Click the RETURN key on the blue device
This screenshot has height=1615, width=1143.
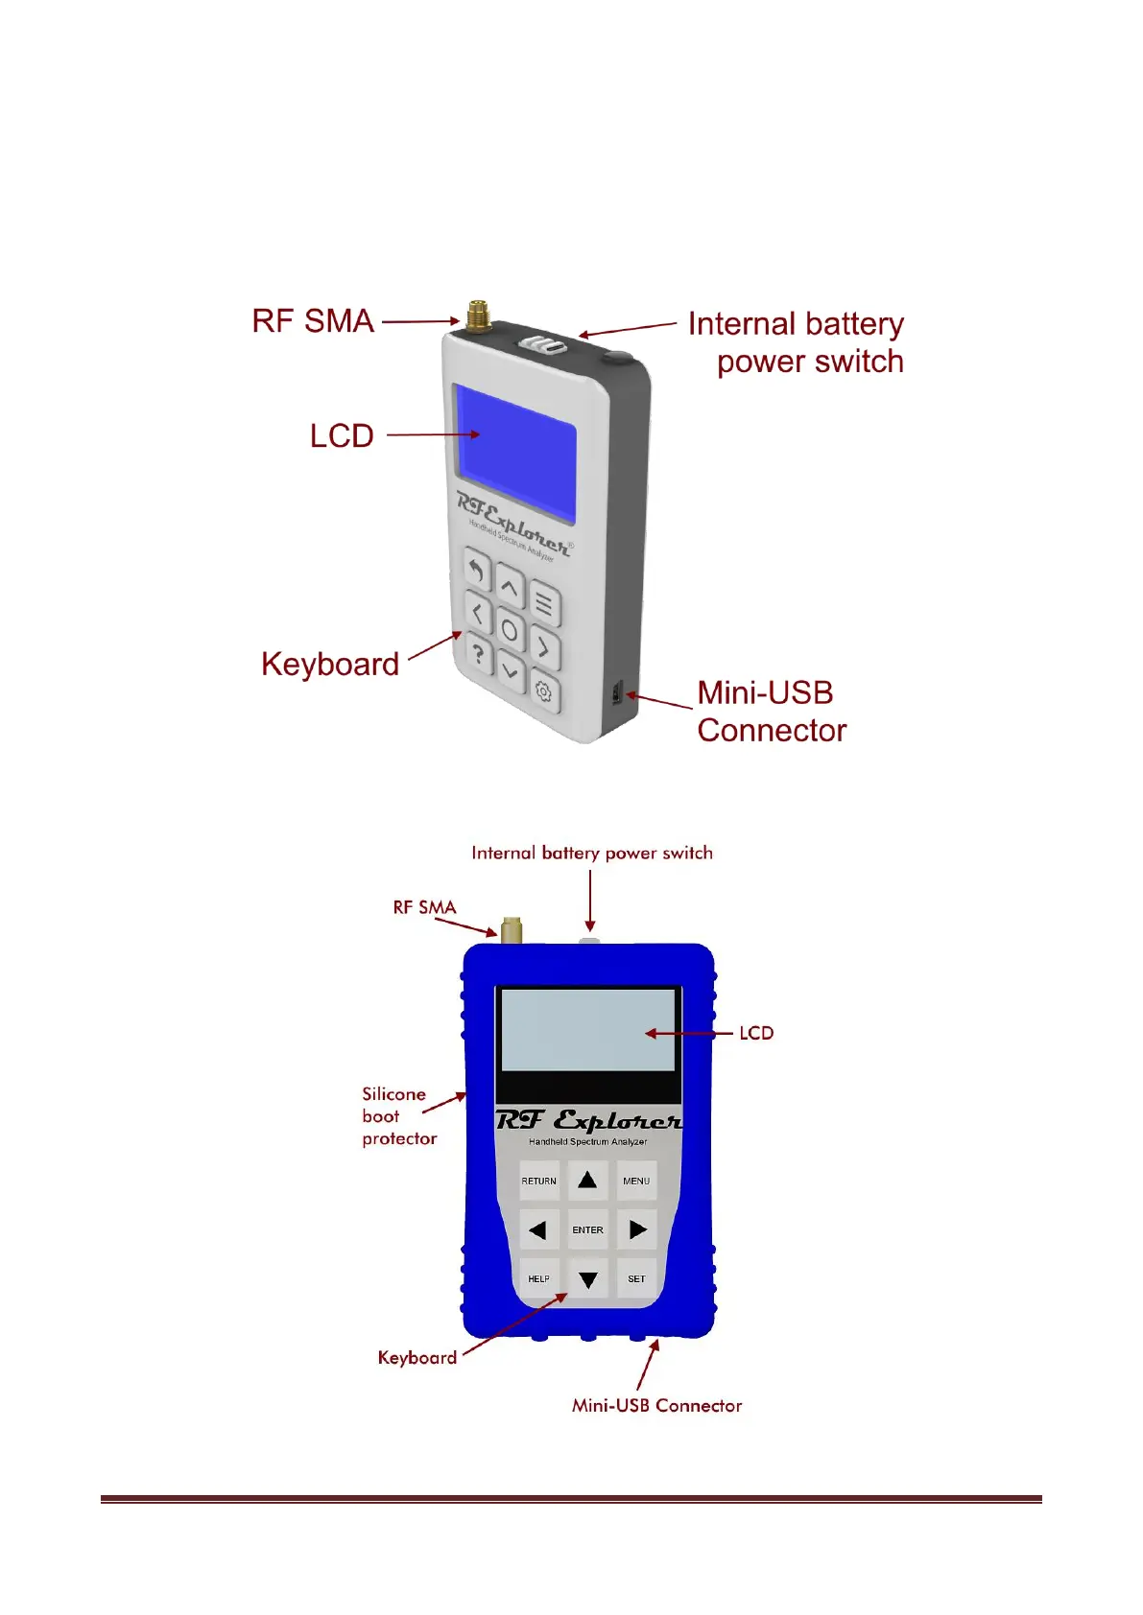(538, 1181)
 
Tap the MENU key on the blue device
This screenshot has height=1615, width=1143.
(636, 1181)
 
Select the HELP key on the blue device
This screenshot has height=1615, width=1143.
(538, 1278)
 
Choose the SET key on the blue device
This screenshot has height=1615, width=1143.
(636, 1278)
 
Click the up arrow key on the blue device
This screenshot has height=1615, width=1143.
(587, 1180)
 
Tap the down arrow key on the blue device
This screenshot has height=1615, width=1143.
(587, 1279)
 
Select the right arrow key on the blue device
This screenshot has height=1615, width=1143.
(637, 1229)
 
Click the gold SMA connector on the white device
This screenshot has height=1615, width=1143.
(477, 316)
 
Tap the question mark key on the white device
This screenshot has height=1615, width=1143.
(477, 654)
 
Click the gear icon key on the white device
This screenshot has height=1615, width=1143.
(543, 691)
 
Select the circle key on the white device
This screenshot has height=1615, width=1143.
(510, 631)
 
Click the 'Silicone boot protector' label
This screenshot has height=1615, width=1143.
(398, 1116)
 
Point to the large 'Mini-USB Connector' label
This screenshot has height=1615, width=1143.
(771, 712)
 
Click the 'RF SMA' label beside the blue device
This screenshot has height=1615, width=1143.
(424, 907)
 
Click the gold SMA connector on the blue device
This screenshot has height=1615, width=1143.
(512, 929)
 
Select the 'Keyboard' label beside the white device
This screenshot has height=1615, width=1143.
(330, 664)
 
